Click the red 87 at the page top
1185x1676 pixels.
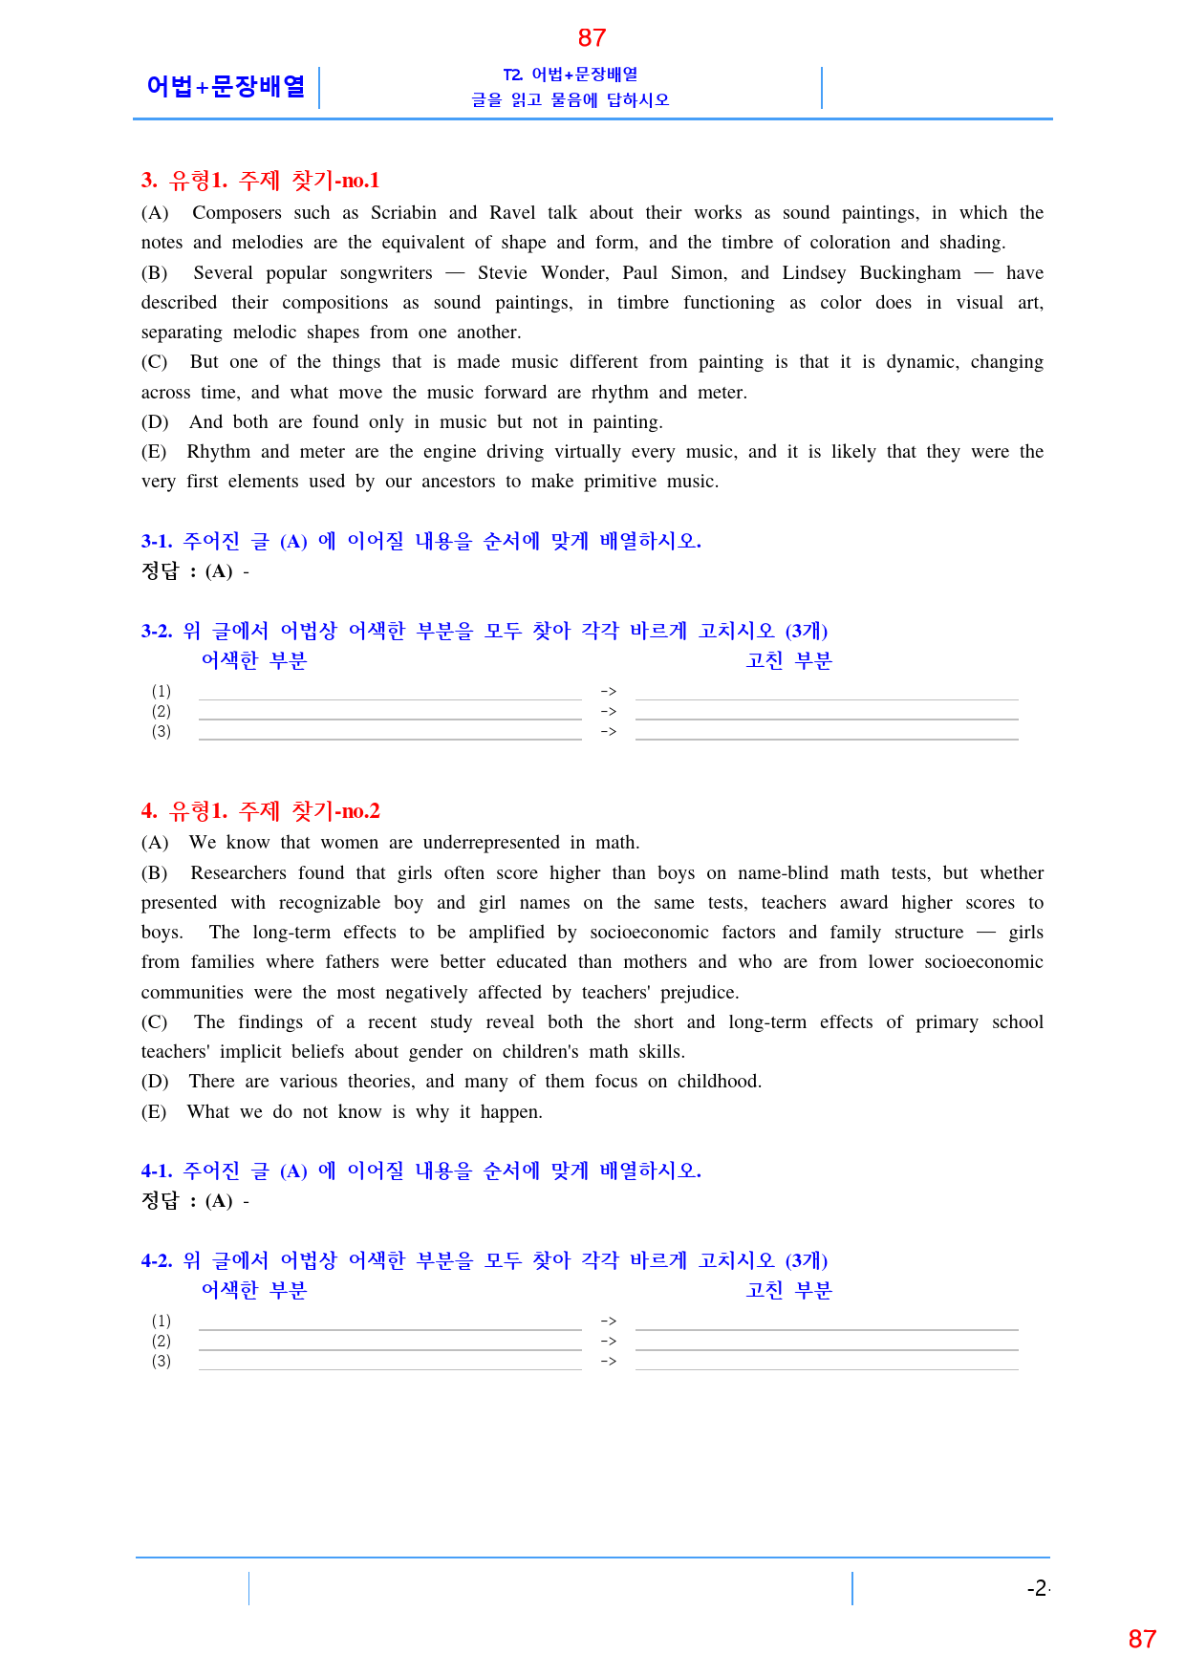pyautogui.click(x=592, y=38)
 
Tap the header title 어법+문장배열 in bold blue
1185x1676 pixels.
pyautogui.click(x=226, y=87)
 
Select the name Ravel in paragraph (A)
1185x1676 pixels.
pyautogui.click(x=512, y=213)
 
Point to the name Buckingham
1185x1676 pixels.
pyautogui.click(x=910, y=273)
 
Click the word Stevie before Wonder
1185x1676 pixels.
pyautogui.click(x=502, y=273)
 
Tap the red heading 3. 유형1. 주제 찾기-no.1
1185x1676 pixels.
pyautogui.click(x=260, y=181)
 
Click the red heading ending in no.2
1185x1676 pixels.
pyautogui.click(x=260, y=811)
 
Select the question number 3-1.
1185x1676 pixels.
pyautogui.click(x=157, y=542)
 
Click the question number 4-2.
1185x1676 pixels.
pyautogui.click(x=157, y=1261)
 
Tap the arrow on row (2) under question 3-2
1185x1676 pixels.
pyautogui.click(x=609, y=712)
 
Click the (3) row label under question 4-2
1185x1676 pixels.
pyautogui.click(x=162, y=1362)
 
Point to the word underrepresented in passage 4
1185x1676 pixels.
pyautogui.click(x=491, y=843)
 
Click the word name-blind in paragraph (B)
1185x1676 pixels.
pyautogui.click(x=783, y=873)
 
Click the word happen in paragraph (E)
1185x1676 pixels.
pyautogui.click(x=510, y=1112)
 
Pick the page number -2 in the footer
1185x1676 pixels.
pyautogui.click(x=1037, y=1589)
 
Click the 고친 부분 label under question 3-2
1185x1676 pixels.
pyautogui.click(x=788, y=661)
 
